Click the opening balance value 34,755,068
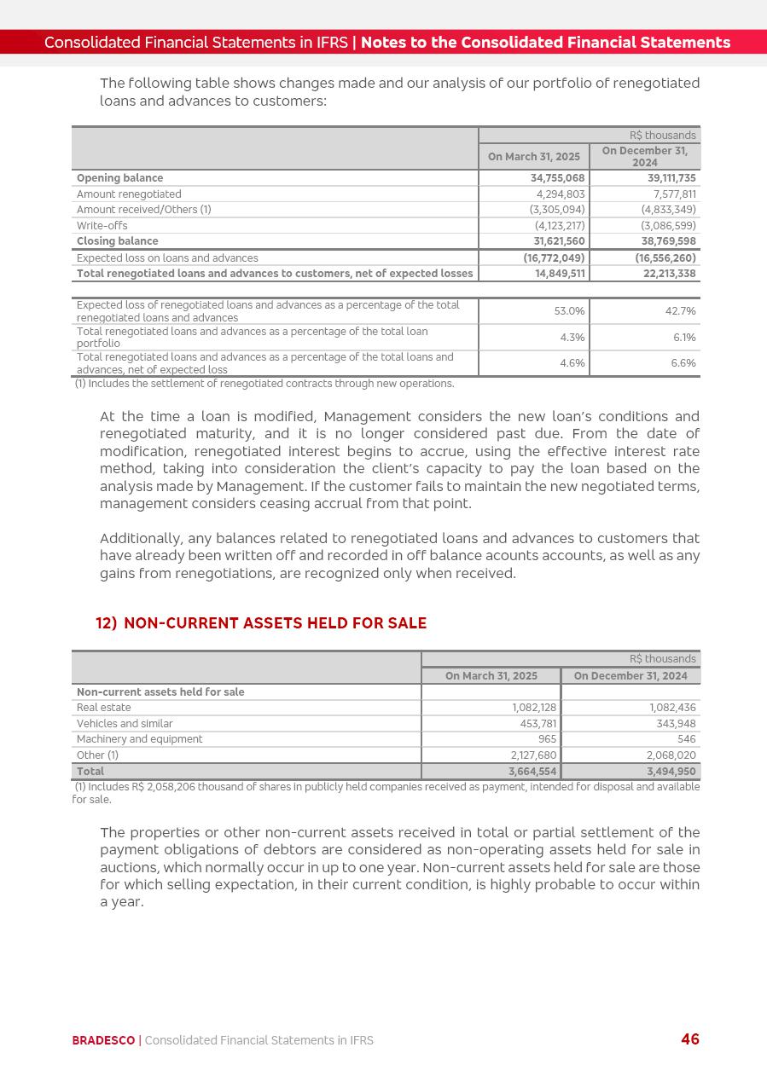point(553,178)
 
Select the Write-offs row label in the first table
point(102,226)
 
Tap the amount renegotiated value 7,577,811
point(669,194)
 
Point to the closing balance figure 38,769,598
point(669,241)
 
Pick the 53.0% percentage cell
point(571,311)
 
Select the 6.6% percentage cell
point(682,363)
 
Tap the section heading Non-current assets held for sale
point(261,623)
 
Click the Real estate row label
point(104,708)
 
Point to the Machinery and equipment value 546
point(686,739)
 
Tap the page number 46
point(689,1039)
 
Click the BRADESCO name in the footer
point(103,1040)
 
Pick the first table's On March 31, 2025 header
point(533,157)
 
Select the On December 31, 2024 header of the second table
point(630,676)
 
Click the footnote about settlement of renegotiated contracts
point(264,384)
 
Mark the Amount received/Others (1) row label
point(143,210)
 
